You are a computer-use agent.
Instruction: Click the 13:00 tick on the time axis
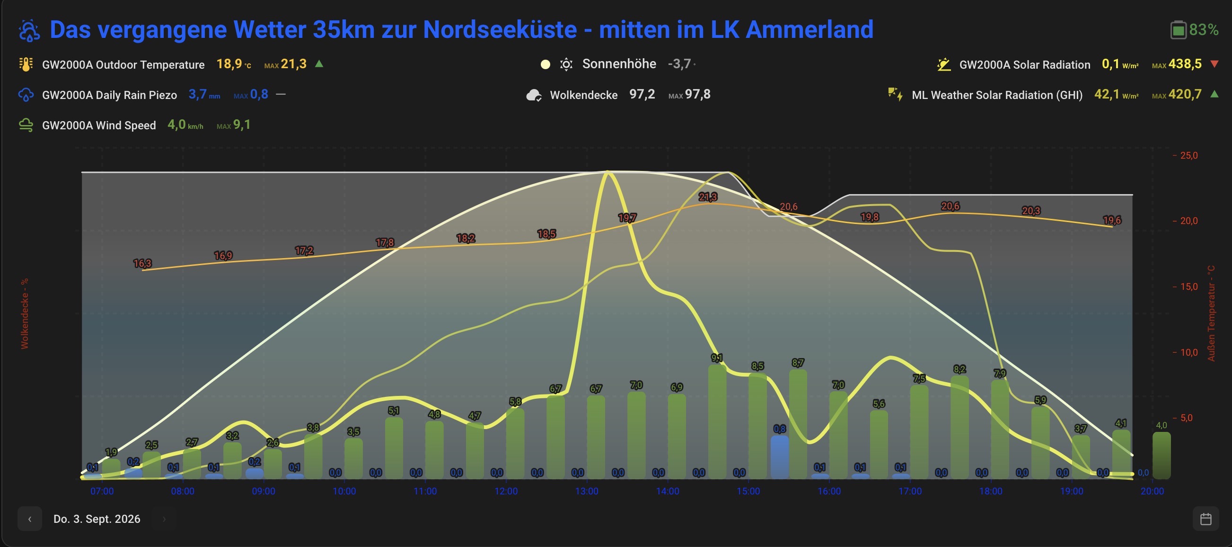(587, 492)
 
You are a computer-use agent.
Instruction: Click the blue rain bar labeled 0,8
(780, 457)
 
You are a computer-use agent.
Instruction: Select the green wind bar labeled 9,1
(717, 421)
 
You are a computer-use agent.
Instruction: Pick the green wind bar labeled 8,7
(798, 424)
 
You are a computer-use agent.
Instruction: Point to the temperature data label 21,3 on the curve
(708, 197)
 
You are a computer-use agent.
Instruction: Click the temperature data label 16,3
(142, 263)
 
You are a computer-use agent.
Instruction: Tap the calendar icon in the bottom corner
(1206, 519)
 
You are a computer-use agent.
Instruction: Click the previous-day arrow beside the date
(30, 519)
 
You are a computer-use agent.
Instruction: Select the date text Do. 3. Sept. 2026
(97, 519)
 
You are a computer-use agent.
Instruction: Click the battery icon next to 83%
(1178, 30)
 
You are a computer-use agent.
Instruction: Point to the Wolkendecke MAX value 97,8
(698, 94)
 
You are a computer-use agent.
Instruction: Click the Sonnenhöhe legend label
(619, 64)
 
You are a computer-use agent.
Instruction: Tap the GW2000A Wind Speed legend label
(99, 126)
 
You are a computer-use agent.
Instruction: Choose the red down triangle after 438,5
(1214, 64)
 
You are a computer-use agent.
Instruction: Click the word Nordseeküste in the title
(500, 30)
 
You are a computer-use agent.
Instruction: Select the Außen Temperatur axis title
(1211, 314)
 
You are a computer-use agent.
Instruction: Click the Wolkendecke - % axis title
(25, 314)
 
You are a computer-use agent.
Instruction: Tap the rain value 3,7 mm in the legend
(204, 94)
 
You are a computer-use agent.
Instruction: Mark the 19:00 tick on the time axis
(1071, 492)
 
